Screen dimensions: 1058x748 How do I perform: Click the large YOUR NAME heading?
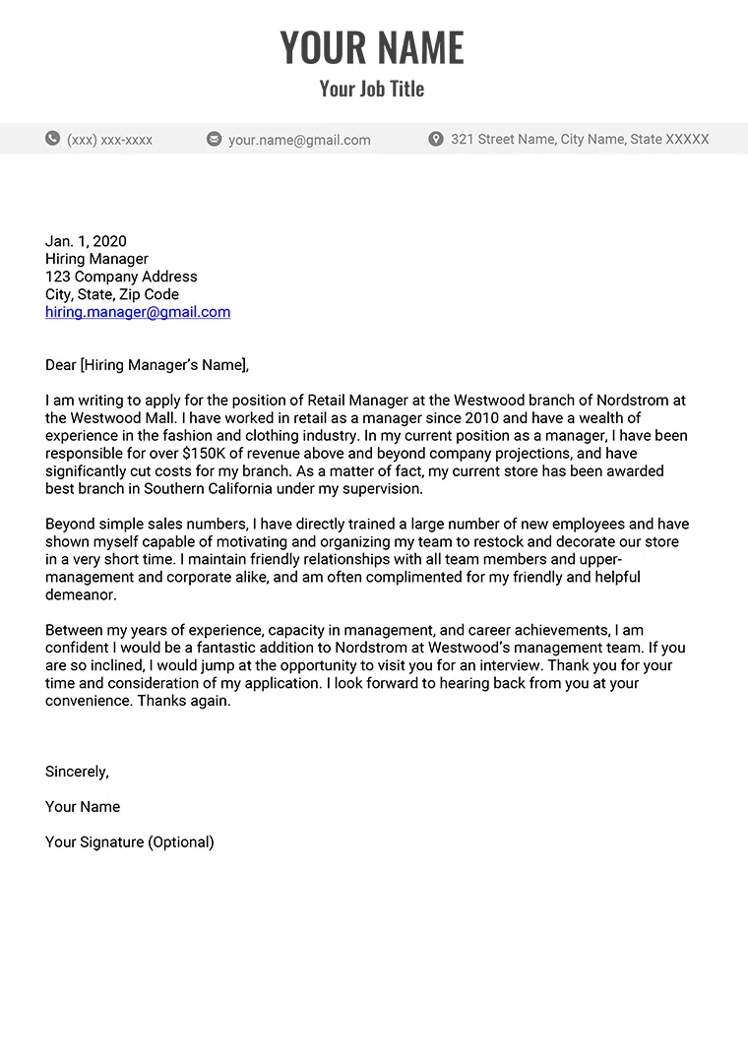(372, 47)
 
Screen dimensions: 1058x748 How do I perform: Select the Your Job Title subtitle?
(372, 89)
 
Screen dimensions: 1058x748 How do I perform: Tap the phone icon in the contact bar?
(52, 139)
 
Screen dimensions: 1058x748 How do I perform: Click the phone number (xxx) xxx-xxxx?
(109, 140)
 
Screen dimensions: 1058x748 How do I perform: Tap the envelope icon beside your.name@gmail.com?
(214, 140)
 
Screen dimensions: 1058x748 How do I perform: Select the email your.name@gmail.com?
(299, 140)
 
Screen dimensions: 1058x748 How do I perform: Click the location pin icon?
(436, 139)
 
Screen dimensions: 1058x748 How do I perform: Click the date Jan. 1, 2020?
(86, 241)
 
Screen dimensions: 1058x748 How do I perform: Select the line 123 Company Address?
(121, 277)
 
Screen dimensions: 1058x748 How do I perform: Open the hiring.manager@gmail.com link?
(138, 312)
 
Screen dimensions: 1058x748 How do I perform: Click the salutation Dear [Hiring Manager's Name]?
(147, 365)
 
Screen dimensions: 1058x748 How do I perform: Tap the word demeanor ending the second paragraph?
(81, 595)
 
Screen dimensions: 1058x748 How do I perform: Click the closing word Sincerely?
(77, 772)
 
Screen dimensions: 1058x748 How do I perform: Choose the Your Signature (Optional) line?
(130, 842)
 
